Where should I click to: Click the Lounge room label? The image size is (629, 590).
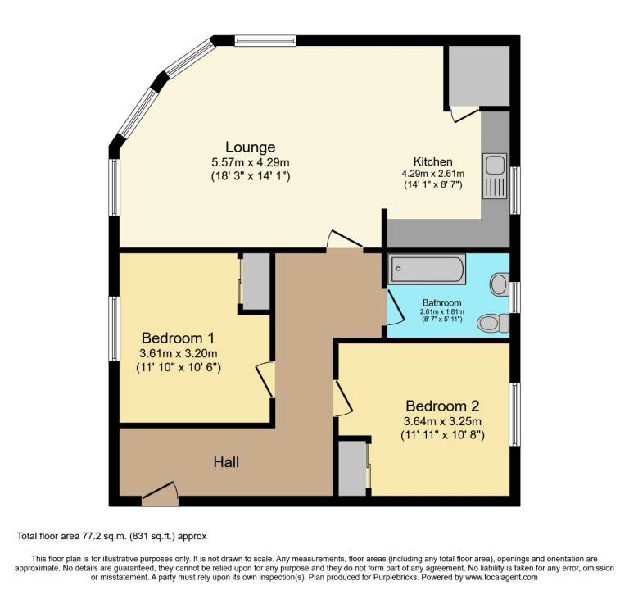(250, 147)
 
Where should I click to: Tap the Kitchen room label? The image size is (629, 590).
(432, 161)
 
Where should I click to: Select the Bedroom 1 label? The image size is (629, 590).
(178, 338)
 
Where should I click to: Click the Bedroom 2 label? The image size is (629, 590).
(442, 406)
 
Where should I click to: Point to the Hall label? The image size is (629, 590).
(226, 463)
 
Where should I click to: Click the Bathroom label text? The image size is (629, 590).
(441, 302)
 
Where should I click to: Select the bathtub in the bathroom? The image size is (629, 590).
(428, 269)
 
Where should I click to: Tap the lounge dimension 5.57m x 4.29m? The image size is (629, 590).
(250, 162)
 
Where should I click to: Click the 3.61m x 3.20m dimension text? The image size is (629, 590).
(178, 353)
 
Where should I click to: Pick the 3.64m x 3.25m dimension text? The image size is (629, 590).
(442, 421)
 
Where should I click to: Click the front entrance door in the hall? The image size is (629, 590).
(160, 492)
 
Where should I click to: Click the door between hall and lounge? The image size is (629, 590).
(344, 240)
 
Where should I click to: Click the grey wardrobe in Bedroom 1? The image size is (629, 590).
(256, 281)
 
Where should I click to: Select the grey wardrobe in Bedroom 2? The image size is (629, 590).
(352, 468)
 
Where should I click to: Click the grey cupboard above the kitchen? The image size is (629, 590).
(478, 75)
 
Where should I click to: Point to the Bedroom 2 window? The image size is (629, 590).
(515, 414)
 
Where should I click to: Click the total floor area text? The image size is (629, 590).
(112, 536)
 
